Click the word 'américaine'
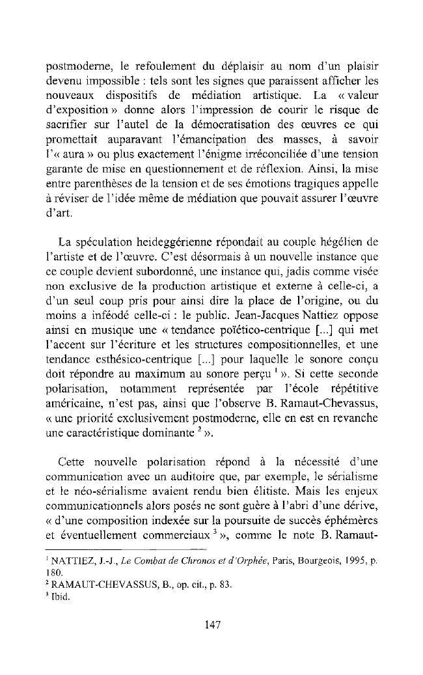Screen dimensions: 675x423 tap(66, 401)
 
